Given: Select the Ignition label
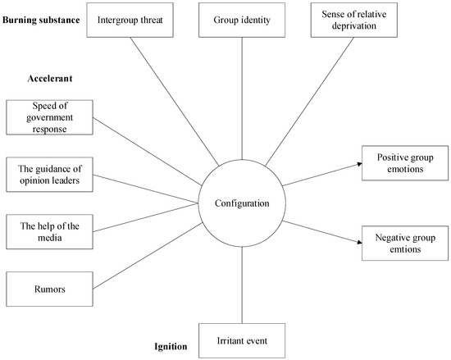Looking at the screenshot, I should coord(170,347).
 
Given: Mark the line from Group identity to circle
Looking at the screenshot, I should coord(241,98).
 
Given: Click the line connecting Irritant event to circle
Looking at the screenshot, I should coord(241,283).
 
